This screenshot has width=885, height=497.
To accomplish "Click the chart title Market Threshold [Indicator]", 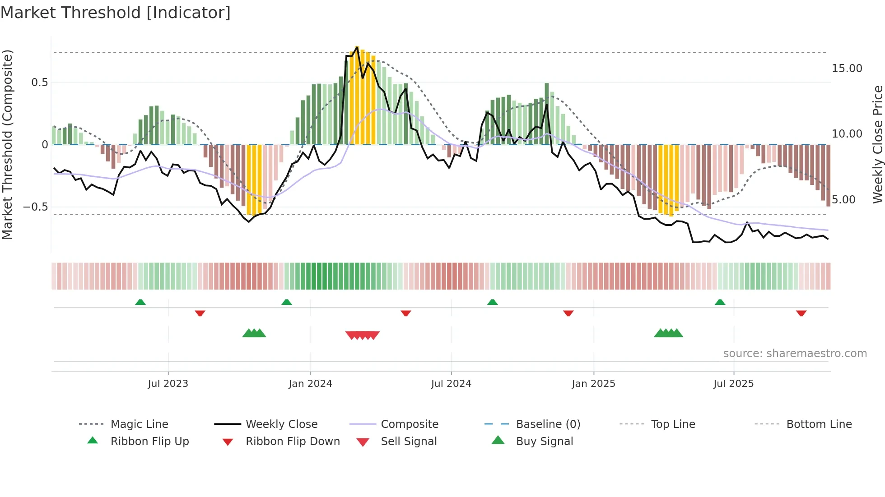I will tap(116, 12).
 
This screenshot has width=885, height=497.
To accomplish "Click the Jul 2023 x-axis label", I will tap(168, 383).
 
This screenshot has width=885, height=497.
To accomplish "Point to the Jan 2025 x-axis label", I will tap(593, 383).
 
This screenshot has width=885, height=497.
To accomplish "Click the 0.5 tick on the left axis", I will tap(40, 83).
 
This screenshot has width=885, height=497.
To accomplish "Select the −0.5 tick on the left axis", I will tap(36, 207).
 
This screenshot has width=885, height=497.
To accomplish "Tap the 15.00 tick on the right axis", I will tap(847, 69).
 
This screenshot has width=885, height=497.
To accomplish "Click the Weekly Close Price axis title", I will tap(877, 144).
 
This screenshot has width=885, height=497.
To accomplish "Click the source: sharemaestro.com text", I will tap(795, 353).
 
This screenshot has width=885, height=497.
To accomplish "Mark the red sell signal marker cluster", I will tap(363, 335).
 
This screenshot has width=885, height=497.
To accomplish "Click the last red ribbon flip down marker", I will tap(801, 313).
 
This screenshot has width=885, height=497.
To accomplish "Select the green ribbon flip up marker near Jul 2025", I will tap(720, 302).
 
